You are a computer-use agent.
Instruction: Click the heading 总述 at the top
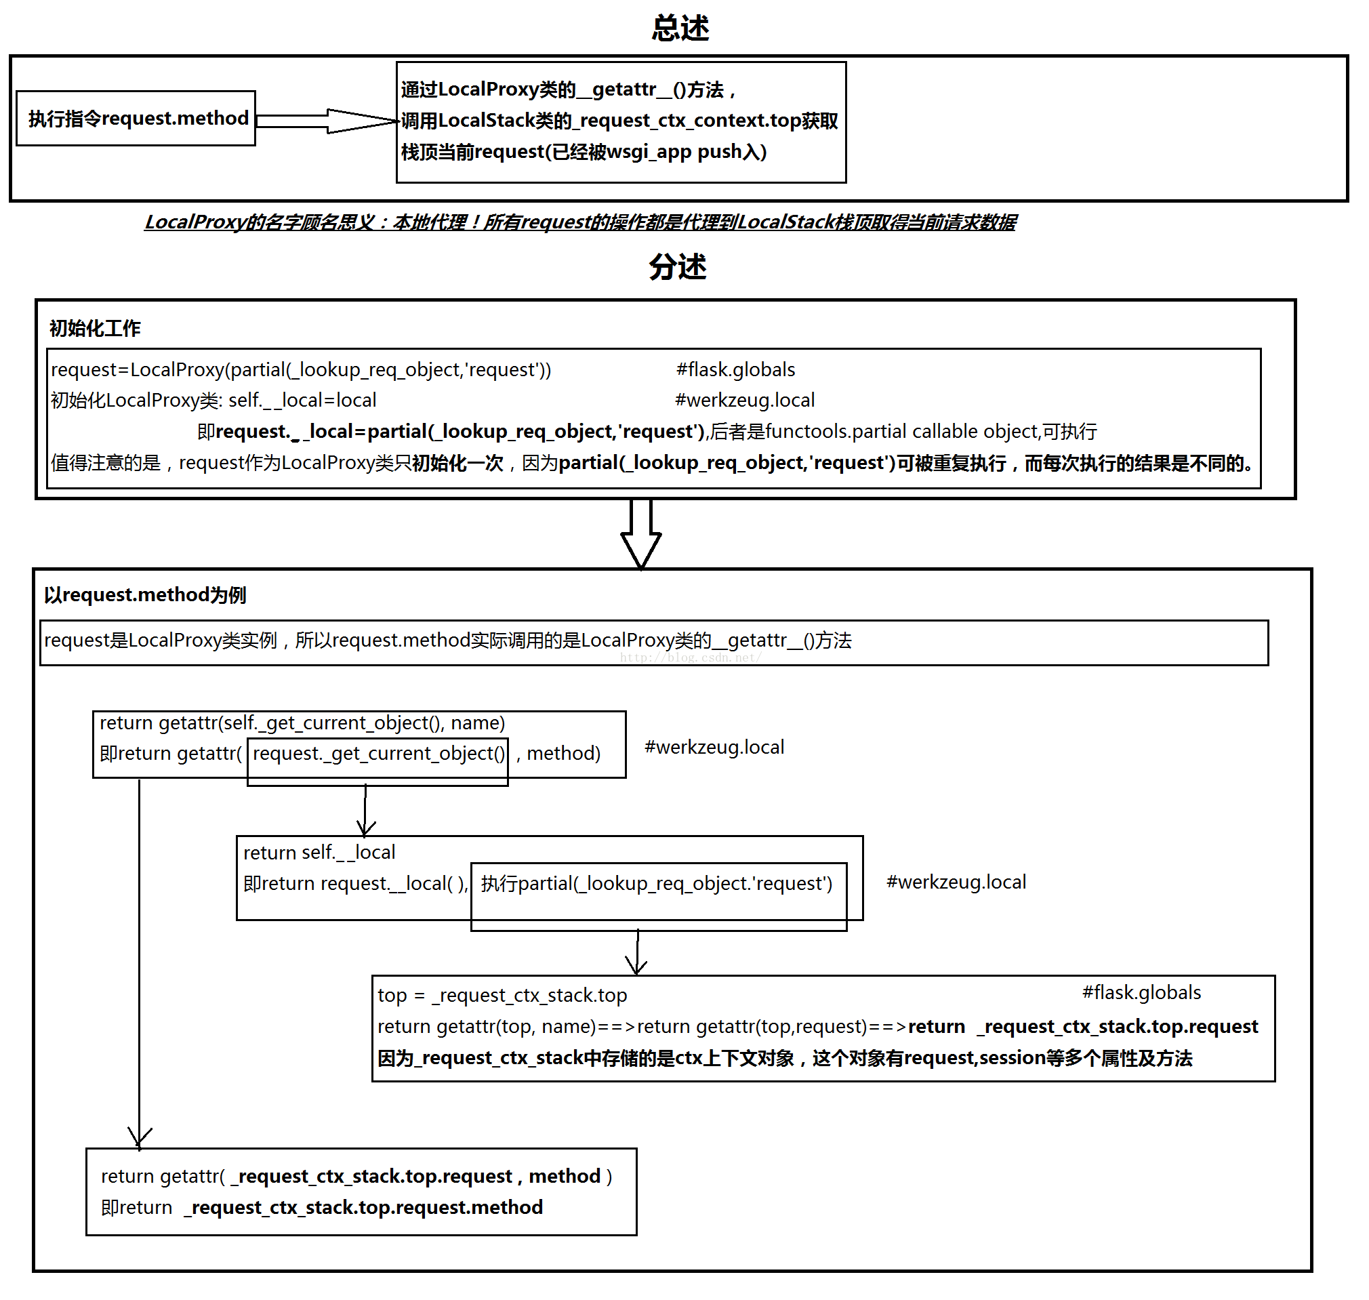[680, 28]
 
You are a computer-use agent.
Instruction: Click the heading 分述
[678, 267]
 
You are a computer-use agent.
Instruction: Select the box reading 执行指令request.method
[136, 119]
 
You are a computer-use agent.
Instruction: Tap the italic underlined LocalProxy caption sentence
[581, 222]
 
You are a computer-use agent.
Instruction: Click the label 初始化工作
[95, 329]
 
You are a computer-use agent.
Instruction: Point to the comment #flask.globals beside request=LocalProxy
[736, 370]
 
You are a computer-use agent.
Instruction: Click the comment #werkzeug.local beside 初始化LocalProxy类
[745, 401]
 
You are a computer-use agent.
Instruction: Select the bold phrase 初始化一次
[457, 463]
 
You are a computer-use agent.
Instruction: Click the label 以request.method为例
[145, 595]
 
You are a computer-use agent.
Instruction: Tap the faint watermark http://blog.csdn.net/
[690, 657]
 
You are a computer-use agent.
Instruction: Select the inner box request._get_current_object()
[377, 762]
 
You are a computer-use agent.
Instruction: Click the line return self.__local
[319, 853]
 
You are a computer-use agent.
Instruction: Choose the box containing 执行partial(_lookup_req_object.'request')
[659, 897]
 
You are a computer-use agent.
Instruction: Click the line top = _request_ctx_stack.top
[502, 996]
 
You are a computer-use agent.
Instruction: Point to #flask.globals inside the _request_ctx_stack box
[1142, 993]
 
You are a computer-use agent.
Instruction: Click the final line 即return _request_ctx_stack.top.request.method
[322, 1208]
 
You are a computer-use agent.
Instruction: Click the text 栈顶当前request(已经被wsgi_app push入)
[584, 152]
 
